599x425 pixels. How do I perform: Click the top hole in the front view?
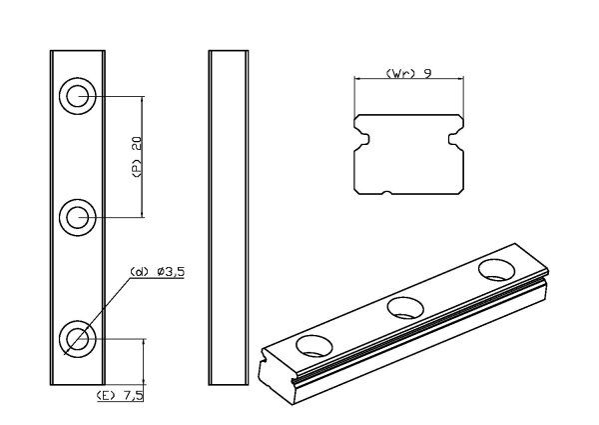(78, 97)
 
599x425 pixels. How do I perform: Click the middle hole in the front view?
(78, 216)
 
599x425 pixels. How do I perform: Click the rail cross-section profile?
(408, 155)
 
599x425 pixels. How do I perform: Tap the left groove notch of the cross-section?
(361, 134)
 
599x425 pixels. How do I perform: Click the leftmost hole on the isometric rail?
(313, 345)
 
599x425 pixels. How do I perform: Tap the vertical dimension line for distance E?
(147, 362)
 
